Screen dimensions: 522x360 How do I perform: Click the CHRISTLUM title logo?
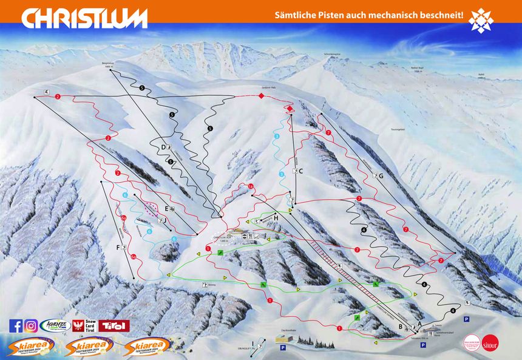(84, 18)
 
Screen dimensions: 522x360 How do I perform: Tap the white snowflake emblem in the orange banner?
(481, 20)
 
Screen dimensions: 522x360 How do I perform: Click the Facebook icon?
(16, 326)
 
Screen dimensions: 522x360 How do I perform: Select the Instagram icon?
(31, 326)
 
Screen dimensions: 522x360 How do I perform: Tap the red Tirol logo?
(115, 326)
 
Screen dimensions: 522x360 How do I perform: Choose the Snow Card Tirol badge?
(84, 326)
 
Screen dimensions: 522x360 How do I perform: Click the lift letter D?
(163, 148)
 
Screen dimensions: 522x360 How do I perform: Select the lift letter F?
(117, 246)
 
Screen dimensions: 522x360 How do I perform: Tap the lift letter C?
(300, 171)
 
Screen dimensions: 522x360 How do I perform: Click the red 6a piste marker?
(124, 218)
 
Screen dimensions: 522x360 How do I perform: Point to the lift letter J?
(164, 220)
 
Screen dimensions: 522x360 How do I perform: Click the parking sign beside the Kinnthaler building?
(283, 348)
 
